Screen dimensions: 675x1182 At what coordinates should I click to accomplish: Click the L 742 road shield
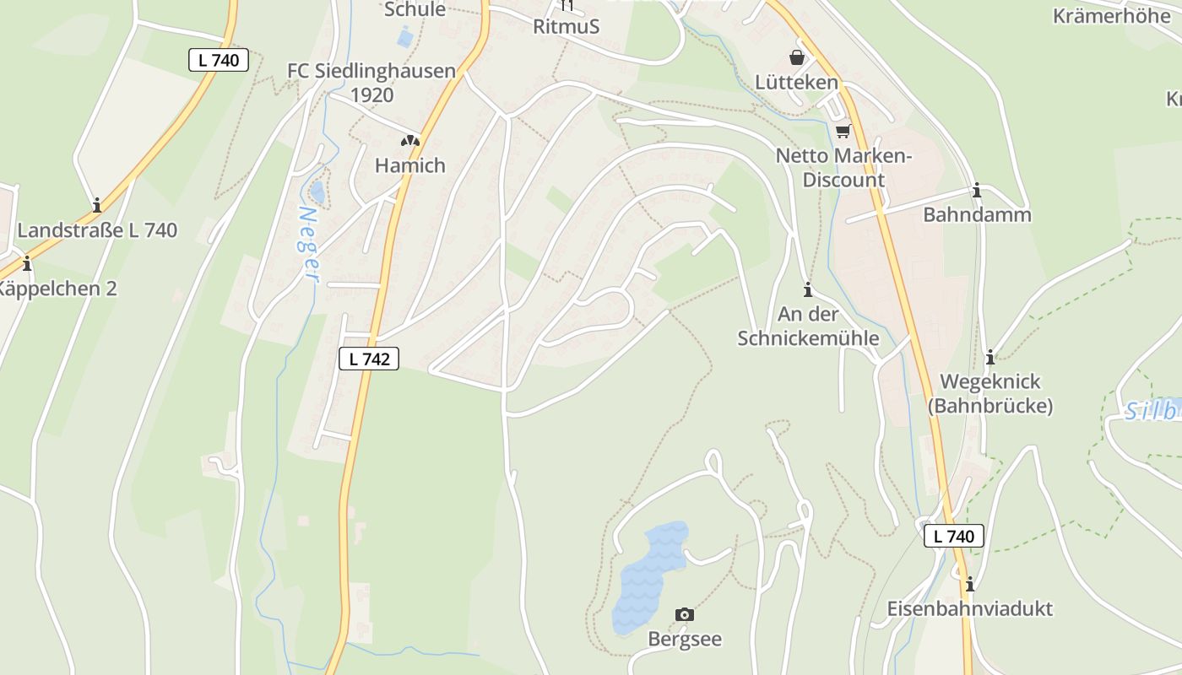point(369,359)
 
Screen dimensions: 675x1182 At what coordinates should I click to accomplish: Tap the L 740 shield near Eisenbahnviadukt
point(954,536)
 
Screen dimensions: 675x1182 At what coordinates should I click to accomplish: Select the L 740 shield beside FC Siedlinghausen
point(219,60)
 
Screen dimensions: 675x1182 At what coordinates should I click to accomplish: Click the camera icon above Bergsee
point(685,614)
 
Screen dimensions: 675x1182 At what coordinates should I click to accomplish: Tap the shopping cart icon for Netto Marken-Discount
point(843,131)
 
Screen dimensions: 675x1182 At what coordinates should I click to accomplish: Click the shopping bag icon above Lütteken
point(796,57)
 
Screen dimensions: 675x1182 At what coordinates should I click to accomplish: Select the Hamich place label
point(410,165)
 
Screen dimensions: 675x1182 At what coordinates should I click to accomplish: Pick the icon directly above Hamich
point(410,142)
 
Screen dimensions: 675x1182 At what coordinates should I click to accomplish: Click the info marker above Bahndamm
point(977,191)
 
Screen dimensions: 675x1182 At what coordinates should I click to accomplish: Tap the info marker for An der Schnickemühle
point(808,290)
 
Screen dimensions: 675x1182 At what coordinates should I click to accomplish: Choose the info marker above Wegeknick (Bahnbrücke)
point(990,358)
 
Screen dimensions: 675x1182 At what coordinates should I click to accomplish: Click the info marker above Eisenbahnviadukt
point(969,584)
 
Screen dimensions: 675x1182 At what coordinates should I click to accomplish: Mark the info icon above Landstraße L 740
point(97,205)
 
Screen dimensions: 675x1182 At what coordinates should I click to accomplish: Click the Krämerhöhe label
point(1112,15)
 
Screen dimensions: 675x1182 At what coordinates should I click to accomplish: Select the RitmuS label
point(567,26)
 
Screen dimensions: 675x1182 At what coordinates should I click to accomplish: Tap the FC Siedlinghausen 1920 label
point(371,83)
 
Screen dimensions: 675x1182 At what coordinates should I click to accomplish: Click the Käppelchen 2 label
point(57,289)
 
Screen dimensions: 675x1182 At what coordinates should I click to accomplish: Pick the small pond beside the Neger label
point(317,192)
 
